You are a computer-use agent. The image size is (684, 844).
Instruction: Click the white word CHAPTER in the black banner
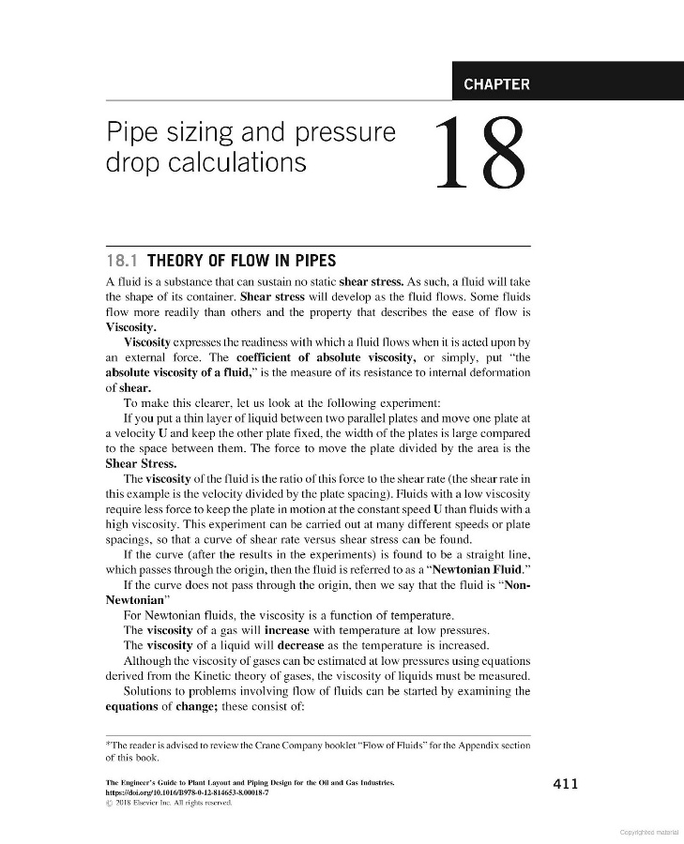(x=496, y=84)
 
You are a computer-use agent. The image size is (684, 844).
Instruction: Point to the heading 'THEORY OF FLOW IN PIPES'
(x=242, y=261)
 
